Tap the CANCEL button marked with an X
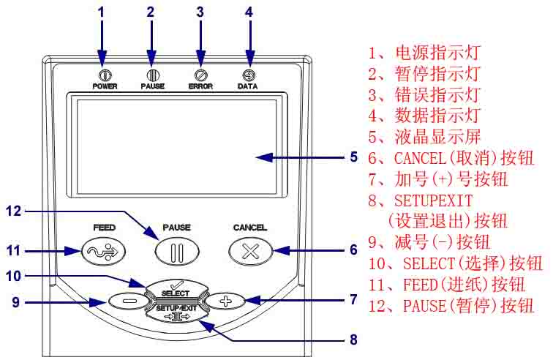(x=250, y=251)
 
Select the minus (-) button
(x=127, y=300)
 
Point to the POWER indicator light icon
(x=105, y=75)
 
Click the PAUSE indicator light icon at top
(x=153, y=75)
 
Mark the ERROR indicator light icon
(x=200, y=75)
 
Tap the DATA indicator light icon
(x=249, y=75)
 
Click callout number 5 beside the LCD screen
(x=353, y=157)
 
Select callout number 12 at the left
(x=13, y=211)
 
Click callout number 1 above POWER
(x=102, y=11)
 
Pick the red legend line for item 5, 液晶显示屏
(x=424, y=136)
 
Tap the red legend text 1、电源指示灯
(x=424, y=53)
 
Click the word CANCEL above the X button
(x=250, y=228)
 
